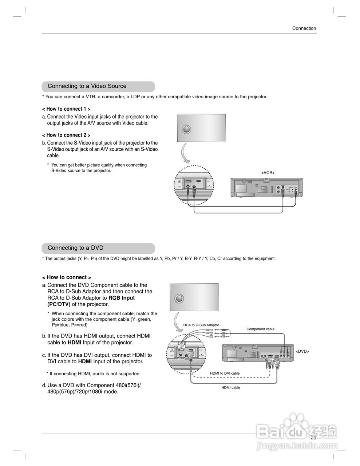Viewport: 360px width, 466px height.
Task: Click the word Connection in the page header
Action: pos(304,28)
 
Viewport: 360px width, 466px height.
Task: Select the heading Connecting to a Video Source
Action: pos(87,86)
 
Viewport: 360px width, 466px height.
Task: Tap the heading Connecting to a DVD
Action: pos(75,248)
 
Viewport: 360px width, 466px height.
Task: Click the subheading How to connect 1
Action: pos(66,109)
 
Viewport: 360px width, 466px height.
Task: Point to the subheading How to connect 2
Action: pos(66,135)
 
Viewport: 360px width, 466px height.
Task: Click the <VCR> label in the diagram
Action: pos(268,173)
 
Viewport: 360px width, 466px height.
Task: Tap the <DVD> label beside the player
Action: pos(302,351)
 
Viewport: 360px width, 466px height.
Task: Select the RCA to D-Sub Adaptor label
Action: pos(201,325)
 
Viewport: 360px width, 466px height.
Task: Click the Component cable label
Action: pos(260,329)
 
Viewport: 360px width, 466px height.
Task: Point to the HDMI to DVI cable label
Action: pos(225,373)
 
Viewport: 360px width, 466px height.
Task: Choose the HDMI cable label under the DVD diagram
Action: pos(231,388)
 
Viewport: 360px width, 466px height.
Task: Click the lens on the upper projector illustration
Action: pos(186,129)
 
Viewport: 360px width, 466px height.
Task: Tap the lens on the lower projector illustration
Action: pos(179,298)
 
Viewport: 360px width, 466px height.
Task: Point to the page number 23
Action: pos(313,438)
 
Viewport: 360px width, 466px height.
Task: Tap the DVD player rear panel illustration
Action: pos(257,354)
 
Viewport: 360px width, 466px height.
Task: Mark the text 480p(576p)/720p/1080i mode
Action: pos(83,392)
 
